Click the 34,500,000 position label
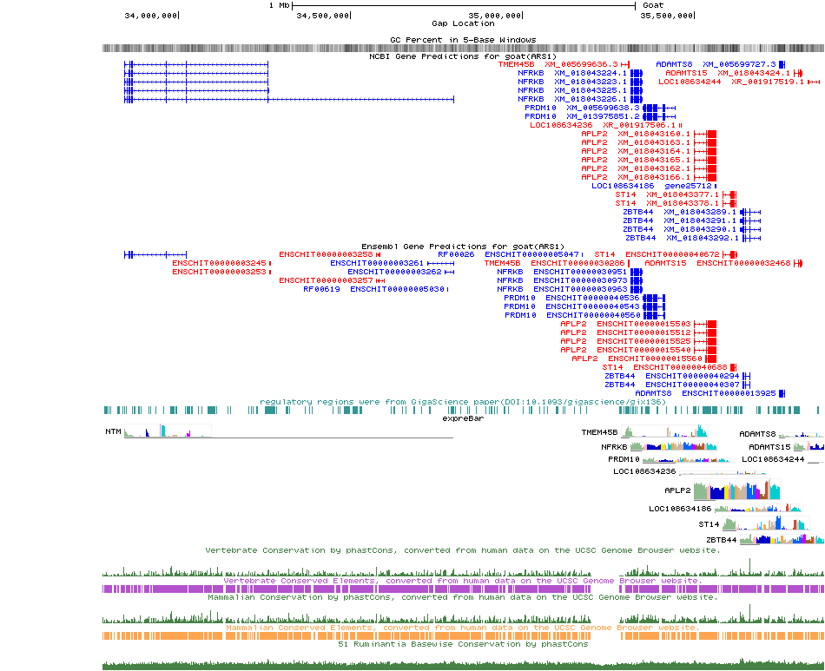pos(323,15)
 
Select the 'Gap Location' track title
pos(463,23)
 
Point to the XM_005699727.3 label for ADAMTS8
pos(739,64)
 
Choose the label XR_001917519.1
pos(769,82)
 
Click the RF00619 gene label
pos(321,289)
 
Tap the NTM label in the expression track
pos(113,431)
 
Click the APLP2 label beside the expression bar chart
pos(677,490)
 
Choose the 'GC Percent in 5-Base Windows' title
pos(463,40)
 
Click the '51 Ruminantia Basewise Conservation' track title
pos(462,644)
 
